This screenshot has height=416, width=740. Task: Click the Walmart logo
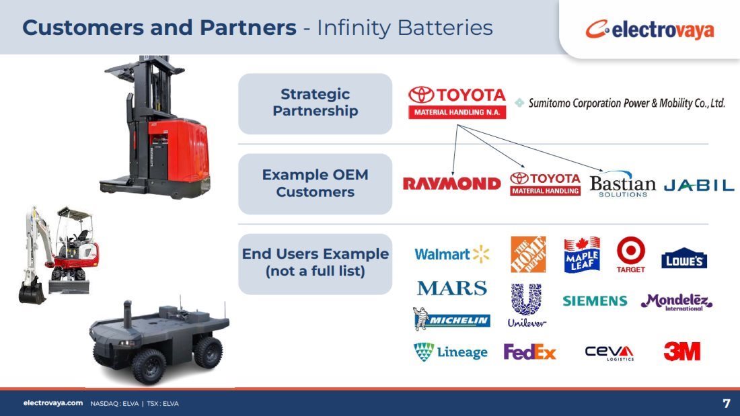451,254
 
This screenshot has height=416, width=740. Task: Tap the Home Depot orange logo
528,254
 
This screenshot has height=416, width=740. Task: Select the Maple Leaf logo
582,255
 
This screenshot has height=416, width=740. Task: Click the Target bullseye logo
631,255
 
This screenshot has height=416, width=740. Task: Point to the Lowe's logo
684,258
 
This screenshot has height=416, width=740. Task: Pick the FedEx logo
529,352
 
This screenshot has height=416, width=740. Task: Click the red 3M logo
682,351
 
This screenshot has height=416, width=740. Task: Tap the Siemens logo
595,301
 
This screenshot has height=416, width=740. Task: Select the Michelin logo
451,319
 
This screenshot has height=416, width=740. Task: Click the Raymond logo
451,183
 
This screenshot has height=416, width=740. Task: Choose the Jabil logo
699,185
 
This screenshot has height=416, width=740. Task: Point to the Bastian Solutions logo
622,184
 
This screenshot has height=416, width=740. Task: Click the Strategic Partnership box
316,103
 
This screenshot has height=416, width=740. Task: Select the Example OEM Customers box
316,184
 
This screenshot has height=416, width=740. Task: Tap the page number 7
727,403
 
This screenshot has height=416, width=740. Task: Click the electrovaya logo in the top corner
650,30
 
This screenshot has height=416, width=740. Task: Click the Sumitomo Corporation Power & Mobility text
626,103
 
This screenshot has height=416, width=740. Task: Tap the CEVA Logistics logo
609,352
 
